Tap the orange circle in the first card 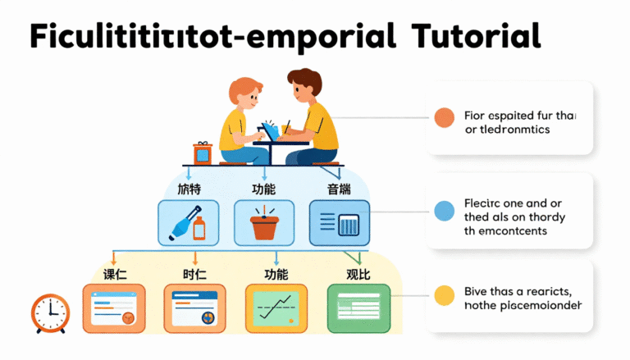444,117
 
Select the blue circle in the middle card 444,211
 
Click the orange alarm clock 51,312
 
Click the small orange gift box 203,153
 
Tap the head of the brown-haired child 304,85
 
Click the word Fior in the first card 476,116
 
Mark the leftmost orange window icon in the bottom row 113,307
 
